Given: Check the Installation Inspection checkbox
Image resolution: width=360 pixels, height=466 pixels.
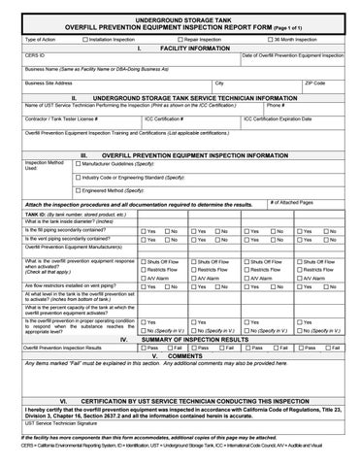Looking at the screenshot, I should click(x=84, y=39).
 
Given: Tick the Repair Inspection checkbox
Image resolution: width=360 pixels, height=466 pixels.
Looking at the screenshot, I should click(x=184, y=39).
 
